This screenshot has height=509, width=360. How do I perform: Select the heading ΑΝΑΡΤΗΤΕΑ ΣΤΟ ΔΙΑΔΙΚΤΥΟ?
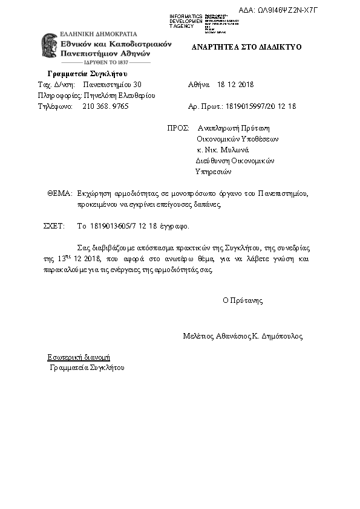click(246, 47)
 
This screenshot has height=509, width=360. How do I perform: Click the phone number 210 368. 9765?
click(105, 106)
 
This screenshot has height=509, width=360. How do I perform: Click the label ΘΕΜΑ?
click(60, 194)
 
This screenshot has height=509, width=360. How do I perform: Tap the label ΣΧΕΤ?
click(54, 227)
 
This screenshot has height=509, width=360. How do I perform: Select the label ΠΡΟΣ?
click(178, 128)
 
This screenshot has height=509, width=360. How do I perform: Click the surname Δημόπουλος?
click(282, 336)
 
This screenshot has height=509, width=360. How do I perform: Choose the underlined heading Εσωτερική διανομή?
click(79, 357)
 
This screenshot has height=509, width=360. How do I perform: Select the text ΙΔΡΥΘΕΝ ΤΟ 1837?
click(106, 62)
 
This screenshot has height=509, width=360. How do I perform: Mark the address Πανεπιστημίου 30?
click(112, 85)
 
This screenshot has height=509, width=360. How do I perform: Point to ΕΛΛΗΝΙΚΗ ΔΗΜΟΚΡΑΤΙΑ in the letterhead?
click(98, 34)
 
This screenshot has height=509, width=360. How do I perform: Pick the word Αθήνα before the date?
click(199, 85)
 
